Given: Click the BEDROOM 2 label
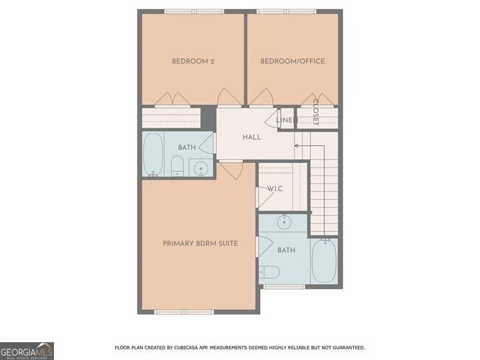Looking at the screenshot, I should (193, 61).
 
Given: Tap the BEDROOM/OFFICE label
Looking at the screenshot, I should (292, 61).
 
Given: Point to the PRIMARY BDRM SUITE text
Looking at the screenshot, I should (200, 243).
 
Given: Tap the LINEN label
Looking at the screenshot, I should (285, 120).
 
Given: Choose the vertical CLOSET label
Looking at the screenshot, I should (316, 111).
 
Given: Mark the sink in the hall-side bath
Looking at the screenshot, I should (202, 169).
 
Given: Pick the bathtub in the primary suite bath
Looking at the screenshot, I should (323, 261).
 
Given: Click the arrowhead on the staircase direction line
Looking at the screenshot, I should (295, 146).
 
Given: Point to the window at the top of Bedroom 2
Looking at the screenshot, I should (193, 11).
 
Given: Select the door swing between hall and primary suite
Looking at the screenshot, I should (229, 171).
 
